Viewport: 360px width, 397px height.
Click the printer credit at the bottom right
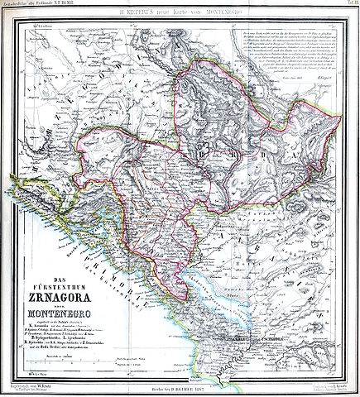tap(327, 387)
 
